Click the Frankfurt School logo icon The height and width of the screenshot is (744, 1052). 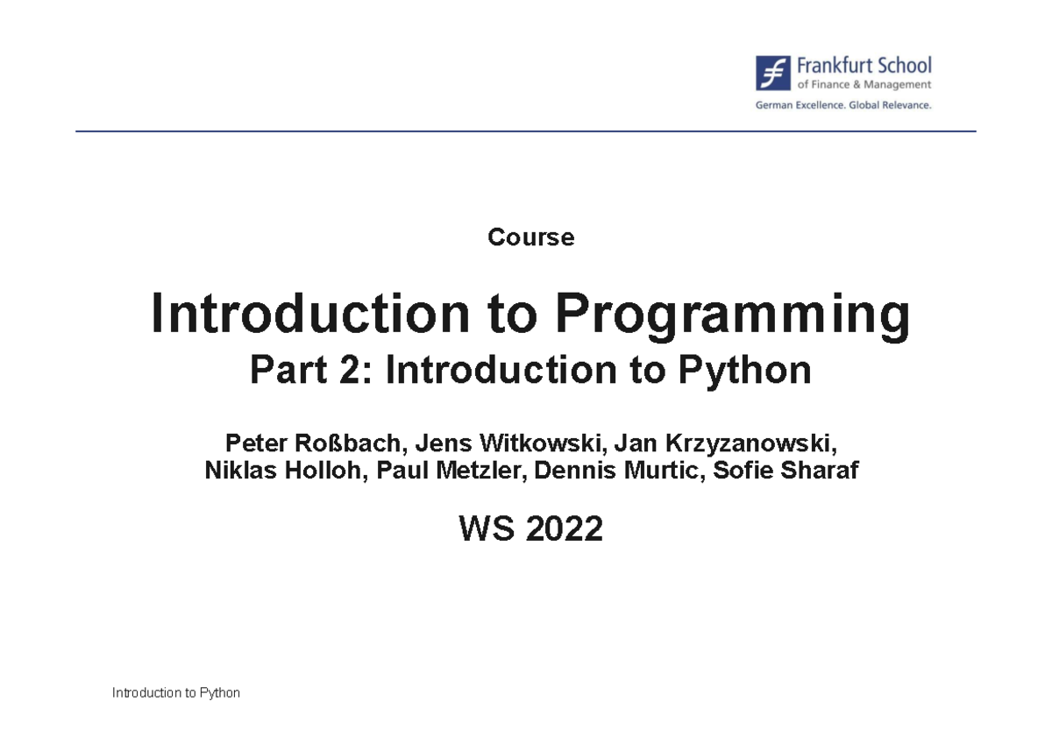pos(773,74)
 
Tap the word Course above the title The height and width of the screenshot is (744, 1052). pos(530,237)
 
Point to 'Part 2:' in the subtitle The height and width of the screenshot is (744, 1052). pos(312,372)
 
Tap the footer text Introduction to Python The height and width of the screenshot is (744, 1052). pos(175,693)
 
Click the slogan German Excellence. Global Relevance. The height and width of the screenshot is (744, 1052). pos(843,105)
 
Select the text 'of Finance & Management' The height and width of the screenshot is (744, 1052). pos(864,85)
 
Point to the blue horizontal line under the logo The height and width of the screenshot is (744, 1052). pos(526,131)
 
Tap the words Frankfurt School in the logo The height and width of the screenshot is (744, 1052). pos(864,66)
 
